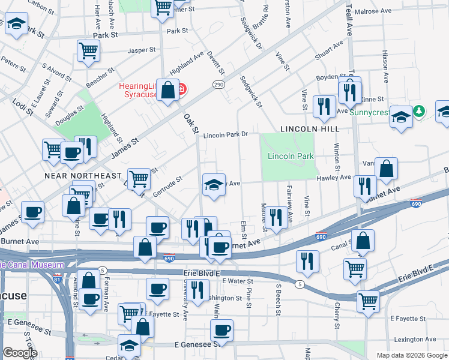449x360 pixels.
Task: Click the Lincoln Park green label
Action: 291,156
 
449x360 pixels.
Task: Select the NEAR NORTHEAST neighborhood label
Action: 83,175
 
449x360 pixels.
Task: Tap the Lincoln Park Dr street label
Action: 225,135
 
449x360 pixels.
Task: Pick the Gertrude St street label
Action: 167,185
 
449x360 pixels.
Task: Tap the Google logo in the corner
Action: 20,353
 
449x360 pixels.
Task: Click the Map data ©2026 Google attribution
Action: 411,355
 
